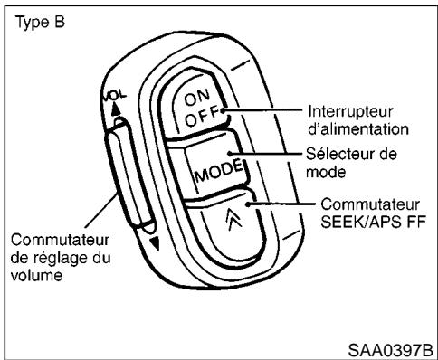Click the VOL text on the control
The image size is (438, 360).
(x=121, y=94)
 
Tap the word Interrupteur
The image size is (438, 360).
(x=341, y=111)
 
